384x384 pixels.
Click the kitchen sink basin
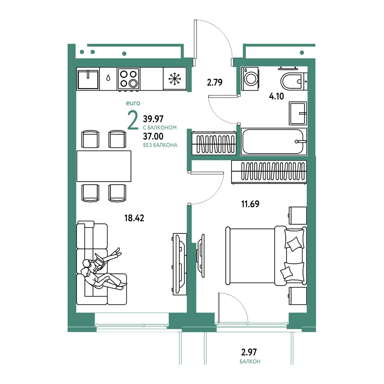88,79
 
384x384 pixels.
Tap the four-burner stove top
129,78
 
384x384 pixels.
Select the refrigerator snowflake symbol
175,79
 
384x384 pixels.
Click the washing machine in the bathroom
250,79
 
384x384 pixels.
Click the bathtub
274,142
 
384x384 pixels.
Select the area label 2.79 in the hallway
215,82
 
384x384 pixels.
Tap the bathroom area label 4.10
276,96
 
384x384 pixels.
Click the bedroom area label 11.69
250,204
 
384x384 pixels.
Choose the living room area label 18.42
134,218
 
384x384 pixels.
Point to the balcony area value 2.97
249,352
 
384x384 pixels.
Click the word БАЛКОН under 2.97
250,361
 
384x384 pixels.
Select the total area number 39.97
153,119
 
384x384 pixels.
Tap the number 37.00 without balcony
153,136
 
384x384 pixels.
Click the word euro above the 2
133,103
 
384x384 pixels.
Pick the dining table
104,166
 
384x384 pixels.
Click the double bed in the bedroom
266,256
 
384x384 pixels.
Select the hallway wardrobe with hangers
214,143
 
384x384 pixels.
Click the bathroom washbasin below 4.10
298,113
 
